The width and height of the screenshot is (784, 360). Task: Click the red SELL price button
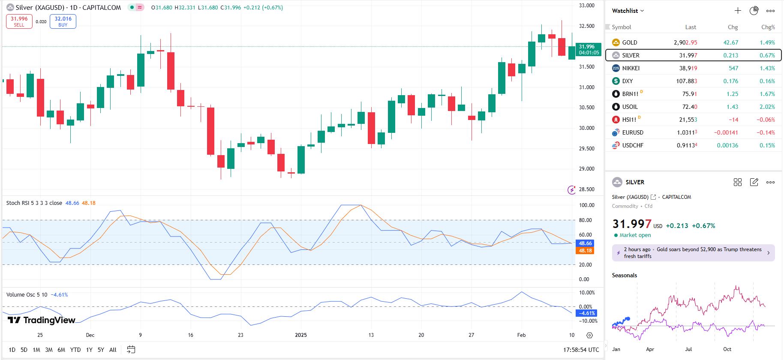click(x=19, y=21)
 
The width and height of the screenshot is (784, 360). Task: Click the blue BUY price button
click(x=63, y=21)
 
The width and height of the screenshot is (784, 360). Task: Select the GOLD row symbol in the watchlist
click(x=629, y=42)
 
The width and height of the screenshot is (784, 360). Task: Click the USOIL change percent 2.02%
click(x=767, y=107)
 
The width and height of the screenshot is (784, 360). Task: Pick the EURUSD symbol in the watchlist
click(x=632, y=132)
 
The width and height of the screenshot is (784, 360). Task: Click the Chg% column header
click(x=768, y=27)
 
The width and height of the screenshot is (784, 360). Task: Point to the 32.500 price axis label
click(x=586, y=26)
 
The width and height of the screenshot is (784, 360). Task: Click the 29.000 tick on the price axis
click(x=586, y=169)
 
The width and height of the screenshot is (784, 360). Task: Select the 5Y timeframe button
click(x=101, y=350)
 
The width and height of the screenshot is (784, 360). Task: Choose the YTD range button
click(x=75, y=350)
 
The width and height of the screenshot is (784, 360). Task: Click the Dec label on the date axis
click(x=90, y=335)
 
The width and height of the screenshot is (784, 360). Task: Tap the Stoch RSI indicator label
click(x=34, y=203)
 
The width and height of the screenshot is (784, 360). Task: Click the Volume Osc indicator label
click(x=27, y=295)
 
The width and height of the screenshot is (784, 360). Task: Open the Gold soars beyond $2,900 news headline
click(x=693, y=253)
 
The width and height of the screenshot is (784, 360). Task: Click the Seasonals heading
click(x=624, y=275)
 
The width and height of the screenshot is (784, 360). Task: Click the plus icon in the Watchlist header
click(x=738, y=11)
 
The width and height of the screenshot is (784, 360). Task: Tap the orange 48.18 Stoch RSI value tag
click(x=585, y=251)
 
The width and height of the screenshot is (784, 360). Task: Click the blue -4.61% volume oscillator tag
click(x=586, y=313)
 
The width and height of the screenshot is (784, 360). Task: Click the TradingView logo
click(x=42, y=320)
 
